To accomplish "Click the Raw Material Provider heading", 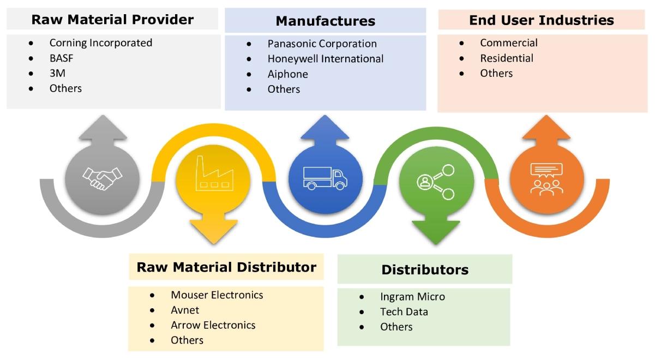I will click(x=112, y=20).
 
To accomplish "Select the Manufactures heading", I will click(x=325, y=21).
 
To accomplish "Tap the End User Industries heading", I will click(x=541, y=20).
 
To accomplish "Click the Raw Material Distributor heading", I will click(x=226, y=267).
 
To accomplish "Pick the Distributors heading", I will click(x=424, y=269).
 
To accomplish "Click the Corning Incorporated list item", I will click(x=100, y=43).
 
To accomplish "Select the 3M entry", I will click(x=57, y=73).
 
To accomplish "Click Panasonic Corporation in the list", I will click(x=322, y=44).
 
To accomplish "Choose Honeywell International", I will click(x=325, y=59).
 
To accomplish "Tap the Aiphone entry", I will click(x=287, y=74).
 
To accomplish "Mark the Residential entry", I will click(x=506, y=58).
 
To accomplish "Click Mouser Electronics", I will click(x=217, y=295).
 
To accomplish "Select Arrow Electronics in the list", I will click(x=213, y=325).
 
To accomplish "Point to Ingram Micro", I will click(x=412, y=297).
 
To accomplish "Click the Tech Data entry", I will click(x=404, y=312).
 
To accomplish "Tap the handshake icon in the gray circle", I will click(x=102, y=178).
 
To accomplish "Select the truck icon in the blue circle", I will click(x=325, y=178).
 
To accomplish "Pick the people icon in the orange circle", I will click(x=545, y=179).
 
